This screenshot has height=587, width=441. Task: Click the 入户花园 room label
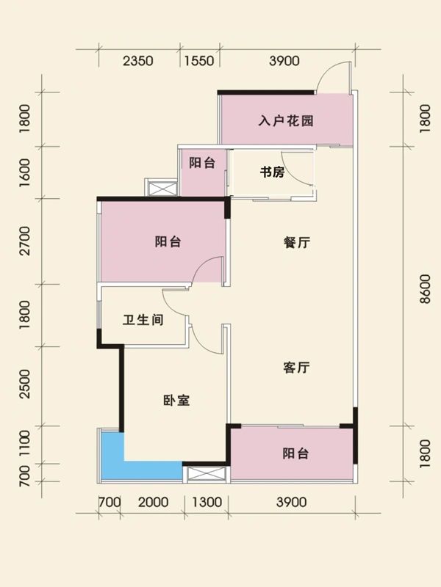pyautogui.click(x=286, y=120)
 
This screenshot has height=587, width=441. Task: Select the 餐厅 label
pyautogui.click(x=295, y=244)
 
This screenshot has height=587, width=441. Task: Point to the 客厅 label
pyautogui.click(x=295, y=368)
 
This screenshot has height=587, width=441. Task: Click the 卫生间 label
pyautogui.click(x=143, y=321)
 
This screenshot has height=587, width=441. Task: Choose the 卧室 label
pyautogui.click(x=176, y=401)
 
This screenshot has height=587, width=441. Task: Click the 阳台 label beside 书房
pyautogui.click(x=201, y=163)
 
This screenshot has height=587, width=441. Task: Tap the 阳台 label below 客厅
pyautogui.click(x=295, y=454)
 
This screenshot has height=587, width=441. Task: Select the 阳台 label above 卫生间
pyautogui.click(x=168, y=241)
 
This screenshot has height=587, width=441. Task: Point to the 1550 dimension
pyautogui.click(x=198, y=62)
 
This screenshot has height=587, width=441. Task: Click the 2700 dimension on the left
pyautogui.click(x=25, y=241)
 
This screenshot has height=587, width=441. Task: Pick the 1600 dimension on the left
pyautogui.click(x=25, y=173)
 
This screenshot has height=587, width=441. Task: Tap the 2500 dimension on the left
pyautogui.click(x=25, y=386)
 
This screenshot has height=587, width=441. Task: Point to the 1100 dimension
pyautogui.click(x=25, y=445)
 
